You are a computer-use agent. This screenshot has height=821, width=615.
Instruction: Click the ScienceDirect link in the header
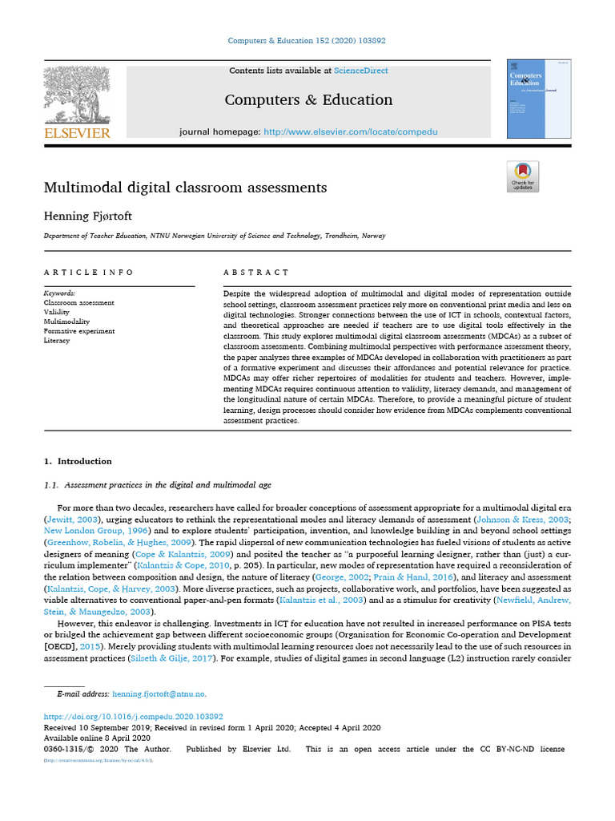(x=361, y=71)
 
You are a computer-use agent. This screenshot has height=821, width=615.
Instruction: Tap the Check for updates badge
(x=523, y=176)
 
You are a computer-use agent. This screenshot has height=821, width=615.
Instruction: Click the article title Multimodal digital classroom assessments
(x=185, y=188)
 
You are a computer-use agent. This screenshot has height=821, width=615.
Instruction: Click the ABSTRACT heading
(x=256, y=273)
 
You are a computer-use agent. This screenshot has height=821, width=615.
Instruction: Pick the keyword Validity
(x=57, y=313)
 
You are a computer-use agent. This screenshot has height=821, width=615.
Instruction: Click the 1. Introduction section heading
(x=78, y=461)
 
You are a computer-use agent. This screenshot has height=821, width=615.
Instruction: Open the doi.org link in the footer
(x=133, y=717)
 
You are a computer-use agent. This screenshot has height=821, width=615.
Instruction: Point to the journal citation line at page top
(x=307, y=41)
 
